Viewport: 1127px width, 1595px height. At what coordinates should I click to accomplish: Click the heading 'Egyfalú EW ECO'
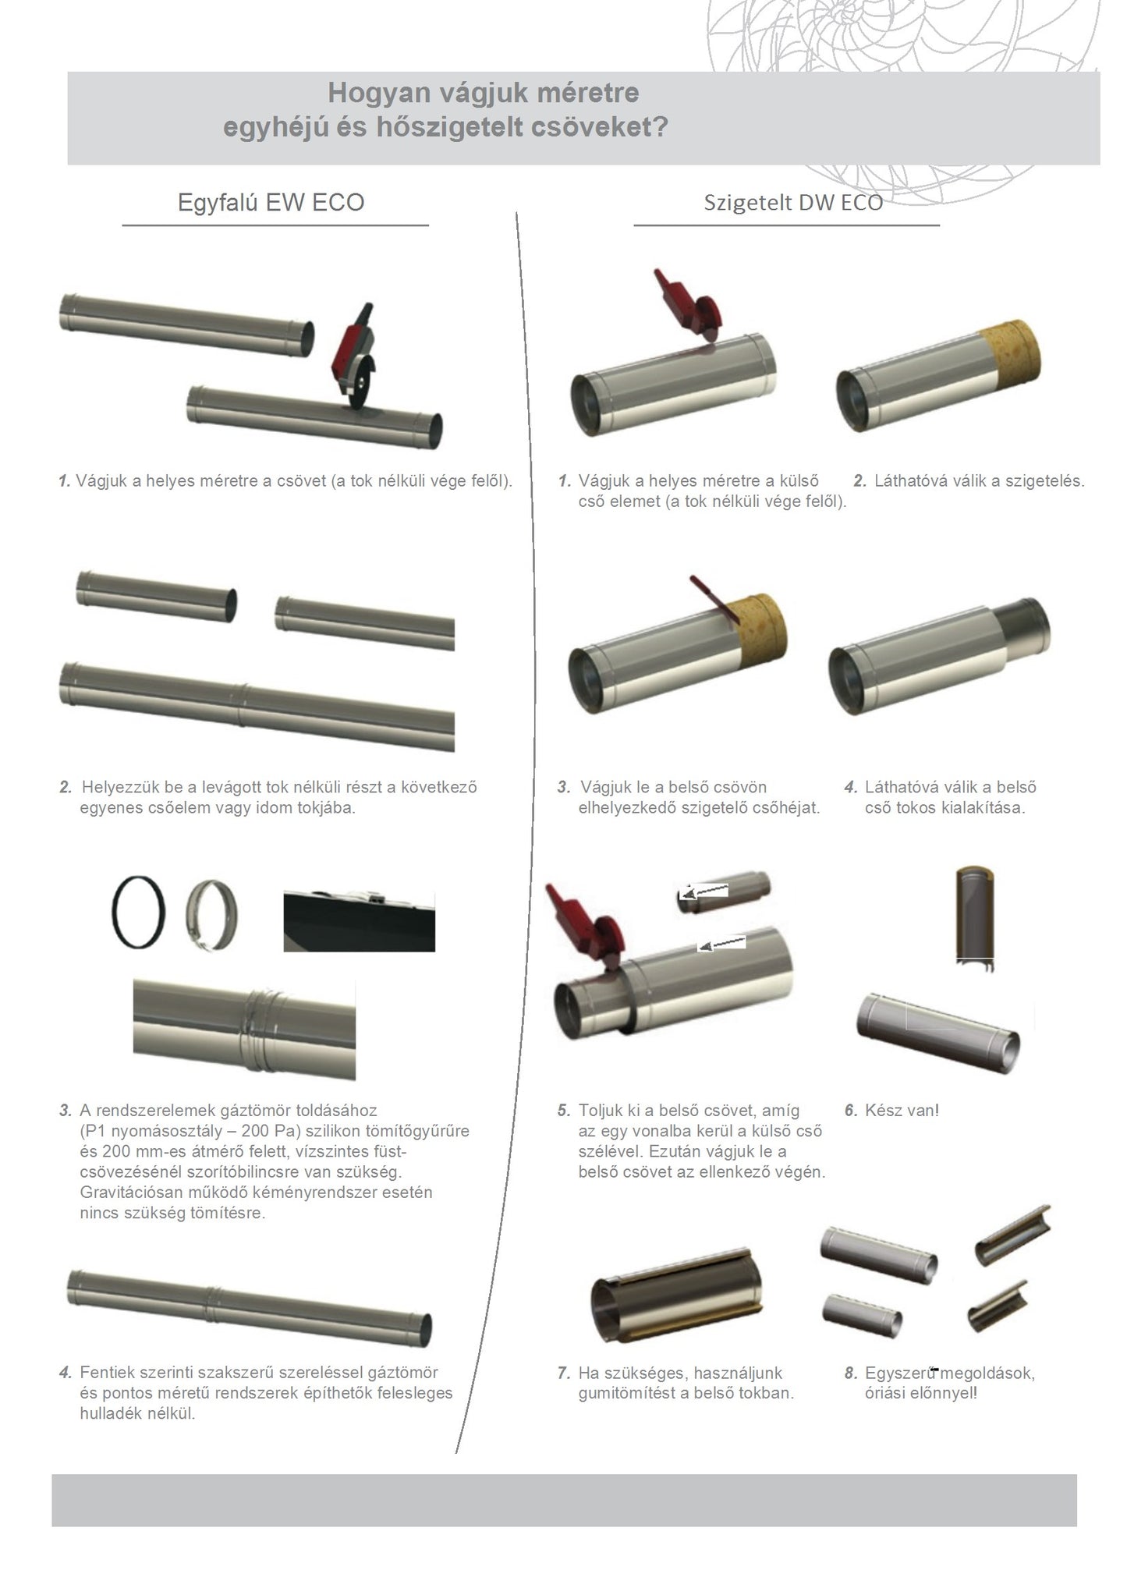271,203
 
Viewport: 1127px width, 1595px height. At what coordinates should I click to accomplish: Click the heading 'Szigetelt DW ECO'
793,203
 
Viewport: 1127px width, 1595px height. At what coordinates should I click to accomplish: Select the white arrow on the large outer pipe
721,944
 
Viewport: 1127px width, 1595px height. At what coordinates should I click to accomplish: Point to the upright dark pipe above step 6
976,918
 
